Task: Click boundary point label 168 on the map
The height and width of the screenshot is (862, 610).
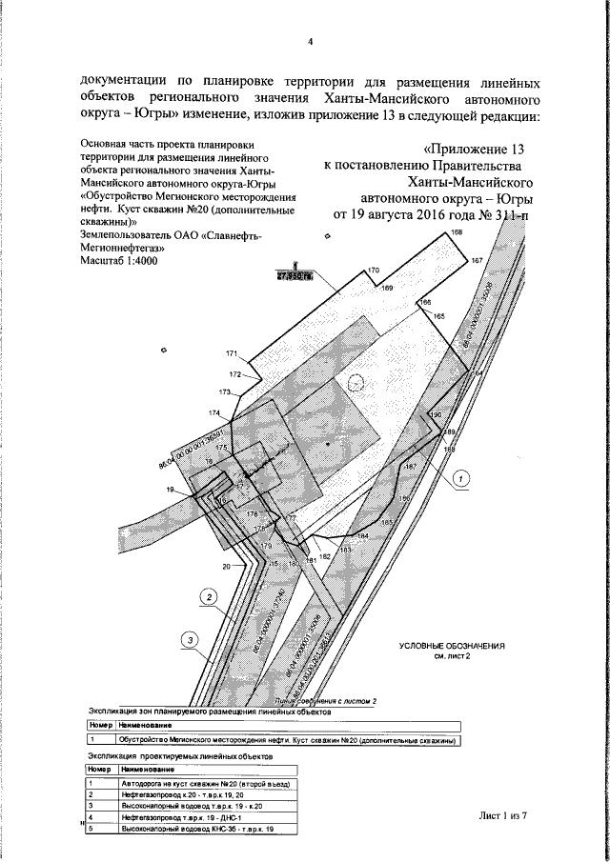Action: [x=457, y=233]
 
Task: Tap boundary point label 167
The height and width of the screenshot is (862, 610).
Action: [x=477, y=260]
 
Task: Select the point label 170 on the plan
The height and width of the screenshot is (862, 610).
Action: [x=374, y=271]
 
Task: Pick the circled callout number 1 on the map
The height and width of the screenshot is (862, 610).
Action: [x=460, y=479]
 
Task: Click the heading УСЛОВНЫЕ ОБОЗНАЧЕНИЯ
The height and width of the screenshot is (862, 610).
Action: [x=452, y=646]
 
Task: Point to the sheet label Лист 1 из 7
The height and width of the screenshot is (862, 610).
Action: [x=502, y=816]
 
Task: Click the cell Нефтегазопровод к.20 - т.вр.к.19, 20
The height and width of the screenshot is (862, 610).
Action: [x=177, y=792]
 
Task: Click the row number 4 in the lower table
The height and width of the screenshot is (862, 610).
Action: [x=91, y=817]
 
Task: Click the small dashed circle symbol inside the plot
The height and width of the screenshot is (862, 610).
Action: [x=356, y=381]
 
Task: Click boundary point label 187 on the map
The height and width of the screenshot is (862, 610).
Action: [x=411, y=466]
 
